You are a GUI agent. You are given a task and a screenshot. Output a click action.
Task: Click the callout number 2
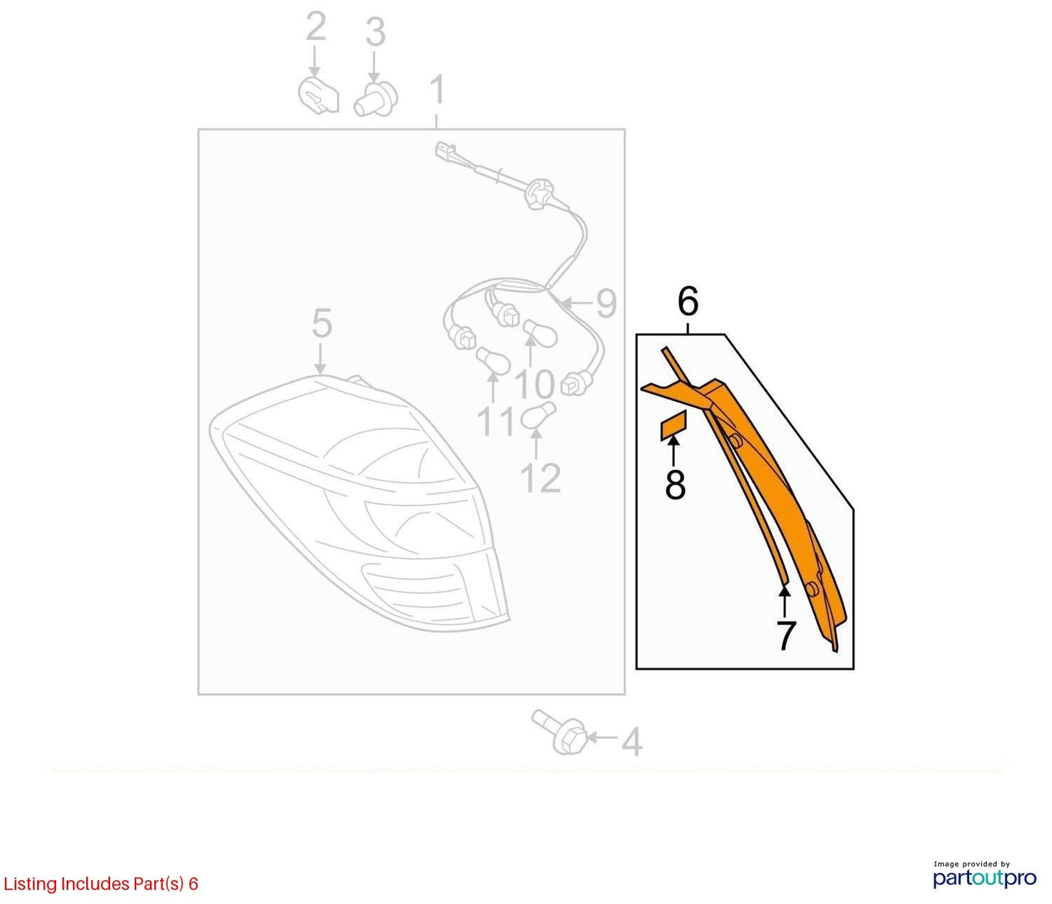coord(315,27)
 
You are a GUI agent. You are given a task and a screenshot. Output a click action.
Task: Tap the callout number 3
coord(376,32)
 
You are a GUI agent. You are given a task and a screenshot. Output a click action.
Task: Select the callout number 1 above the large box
coord(438,90)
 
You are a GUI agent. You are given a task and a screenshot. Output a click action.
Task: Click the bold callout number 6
coord(688,301)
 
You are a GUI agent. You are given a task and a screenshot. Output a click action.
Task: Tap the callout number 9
coord(606,304)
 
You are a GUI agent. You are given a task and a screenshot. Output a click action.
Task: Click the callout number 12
coord(540,477)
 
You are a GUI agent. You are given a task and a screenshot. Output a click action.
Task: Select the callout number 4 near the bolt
coord(632,741)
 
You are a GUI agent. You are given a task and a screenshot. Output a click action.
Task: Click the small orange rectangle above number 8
coord(673,426)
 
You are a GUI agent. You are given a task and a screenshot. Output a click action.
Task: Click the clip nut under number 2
coord(319,95)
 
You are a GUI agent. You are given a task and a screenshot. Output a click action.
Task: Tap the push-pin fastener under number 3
coord(376,100)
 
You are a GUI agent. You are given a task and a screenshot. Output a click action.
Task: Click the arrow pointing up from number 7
coord(785,603)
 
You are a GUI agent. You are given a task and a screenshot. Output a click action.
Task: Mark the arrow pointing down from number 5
coord(320,359)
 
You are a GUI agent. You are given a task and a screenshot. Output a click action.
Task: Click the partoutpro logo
coord(984,877)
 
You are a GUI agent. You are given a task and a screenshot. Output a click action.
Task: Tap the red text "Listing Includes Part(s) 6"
coord(100,884)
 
